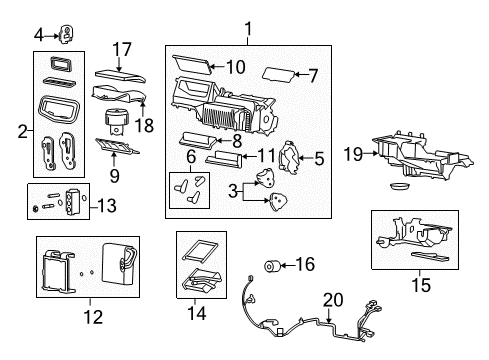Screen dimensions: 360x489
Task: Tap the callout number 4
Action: click(38, 35)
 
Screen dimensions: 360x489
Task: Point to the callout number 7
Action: click(313, 75)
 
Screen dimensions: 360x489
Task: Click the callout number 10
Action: click(235, 67)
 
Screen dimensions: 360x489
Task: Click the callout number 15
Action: click(422, 286)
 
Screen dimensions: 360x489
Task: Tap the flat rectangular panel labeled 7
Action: click(282, 74)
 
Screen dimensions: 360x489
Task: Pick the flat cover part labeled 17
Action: click(120, 75)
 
